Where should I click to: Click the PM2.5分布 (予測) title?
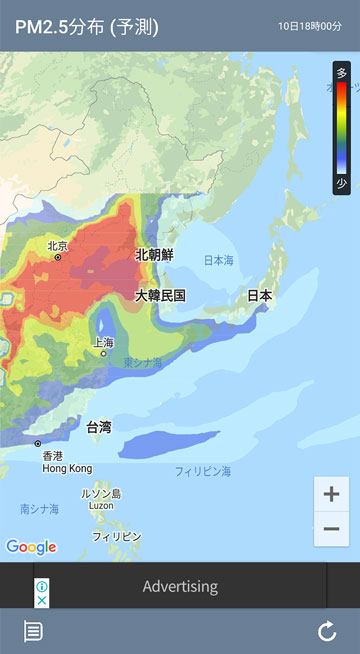click(x=86, y=26)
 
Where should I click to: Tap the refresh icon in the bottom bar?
click(x=327, y=631)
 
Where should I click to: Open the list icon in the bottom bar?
click(x=33, y=631)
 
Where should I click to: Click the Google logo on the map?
click(x=31, y=547)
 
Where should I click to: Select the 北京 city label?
click(x=57, y=246)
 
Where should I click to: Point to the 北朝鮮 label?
click(x=155, y=255)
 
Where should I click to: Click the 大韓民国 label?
click(x=161, y=295)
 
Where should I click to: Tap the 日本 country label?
click(x=259, y=295)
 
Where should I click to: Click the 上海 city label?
click(x=102, y=342)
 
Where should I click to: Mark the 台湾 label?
click(x=99, y=427)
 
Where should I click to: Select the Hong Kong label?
click(x=67, y=468)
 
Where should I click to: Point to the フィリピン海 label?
click(x=203, y=470)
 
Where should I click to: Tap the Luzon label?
click(x=101, y=506)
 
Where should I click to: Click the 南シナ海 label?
click(x=39, y=509)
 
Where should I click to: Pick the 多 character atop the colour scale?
click(x=342, y=73)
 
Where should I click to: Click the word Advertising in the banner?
click(x=180, y=586)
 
